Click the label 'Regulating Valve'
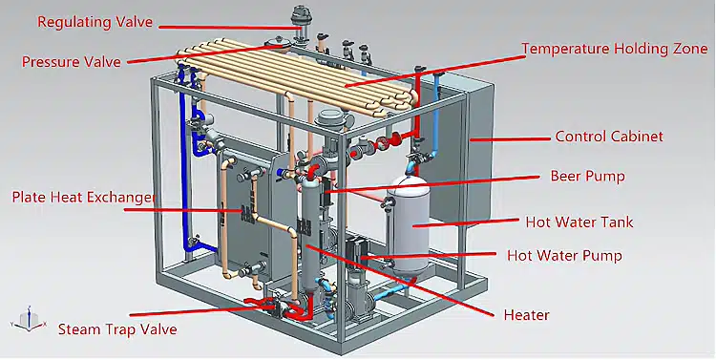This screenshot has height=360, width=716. (x=95, y=22)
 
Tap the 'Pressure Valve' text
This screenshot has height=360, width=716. (x=72, y=61)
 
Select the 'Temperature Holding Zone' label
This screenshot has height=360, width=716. (x=615, y=49)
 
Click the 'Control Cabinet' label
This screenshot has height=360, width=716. (x=609, y=137)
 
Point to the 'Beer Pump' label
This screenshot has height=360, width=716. (x=587, y=176)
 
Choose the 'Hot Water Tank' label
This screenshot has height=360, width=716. (x=579, y=222)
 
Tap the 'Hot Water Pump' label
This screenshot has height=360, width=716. (x=564, y=255)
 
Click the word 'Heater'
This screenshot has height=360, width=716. (x=526, y=315)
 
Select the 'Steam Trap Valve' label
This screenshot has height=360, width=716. (x=117, y=329)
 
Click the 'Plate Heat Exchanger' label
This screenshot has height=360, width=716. (x=84, y=198)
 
